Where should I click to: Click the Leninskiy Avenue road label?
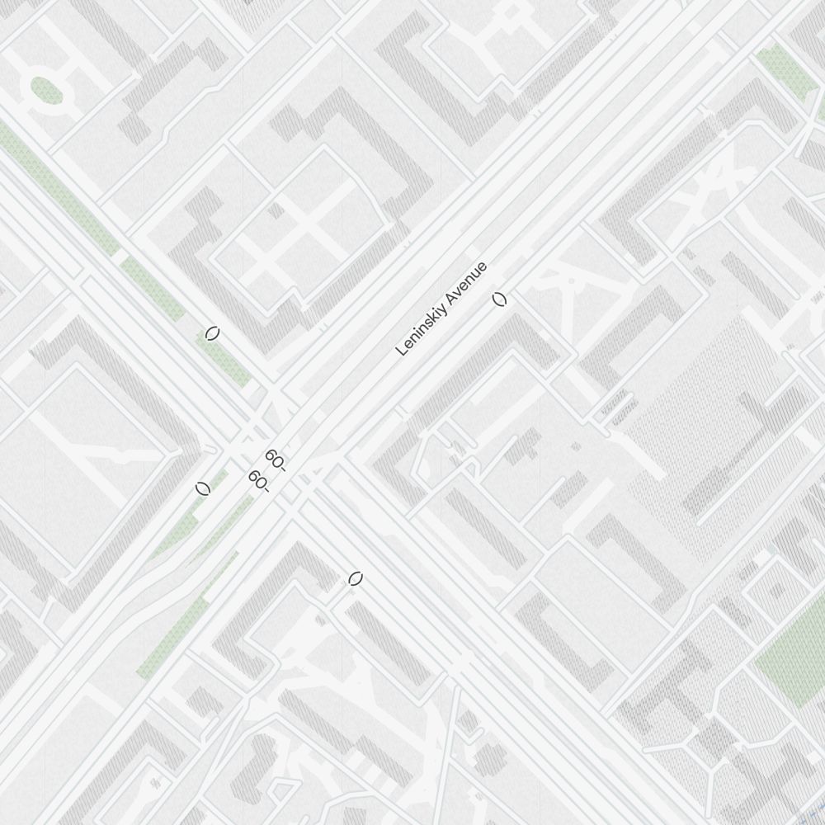442,309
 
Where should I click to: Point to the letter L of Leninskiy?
401,351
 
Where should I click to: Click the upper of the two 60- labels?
276,460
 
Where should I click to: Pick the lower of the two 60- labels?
258,480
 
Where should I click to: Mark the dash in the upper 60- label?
283,469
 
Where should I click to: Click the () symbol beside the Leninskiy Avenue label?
499,299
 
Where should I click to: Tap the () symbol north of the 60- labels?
212,333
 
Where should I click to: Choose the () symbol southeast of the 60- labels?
356,579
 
